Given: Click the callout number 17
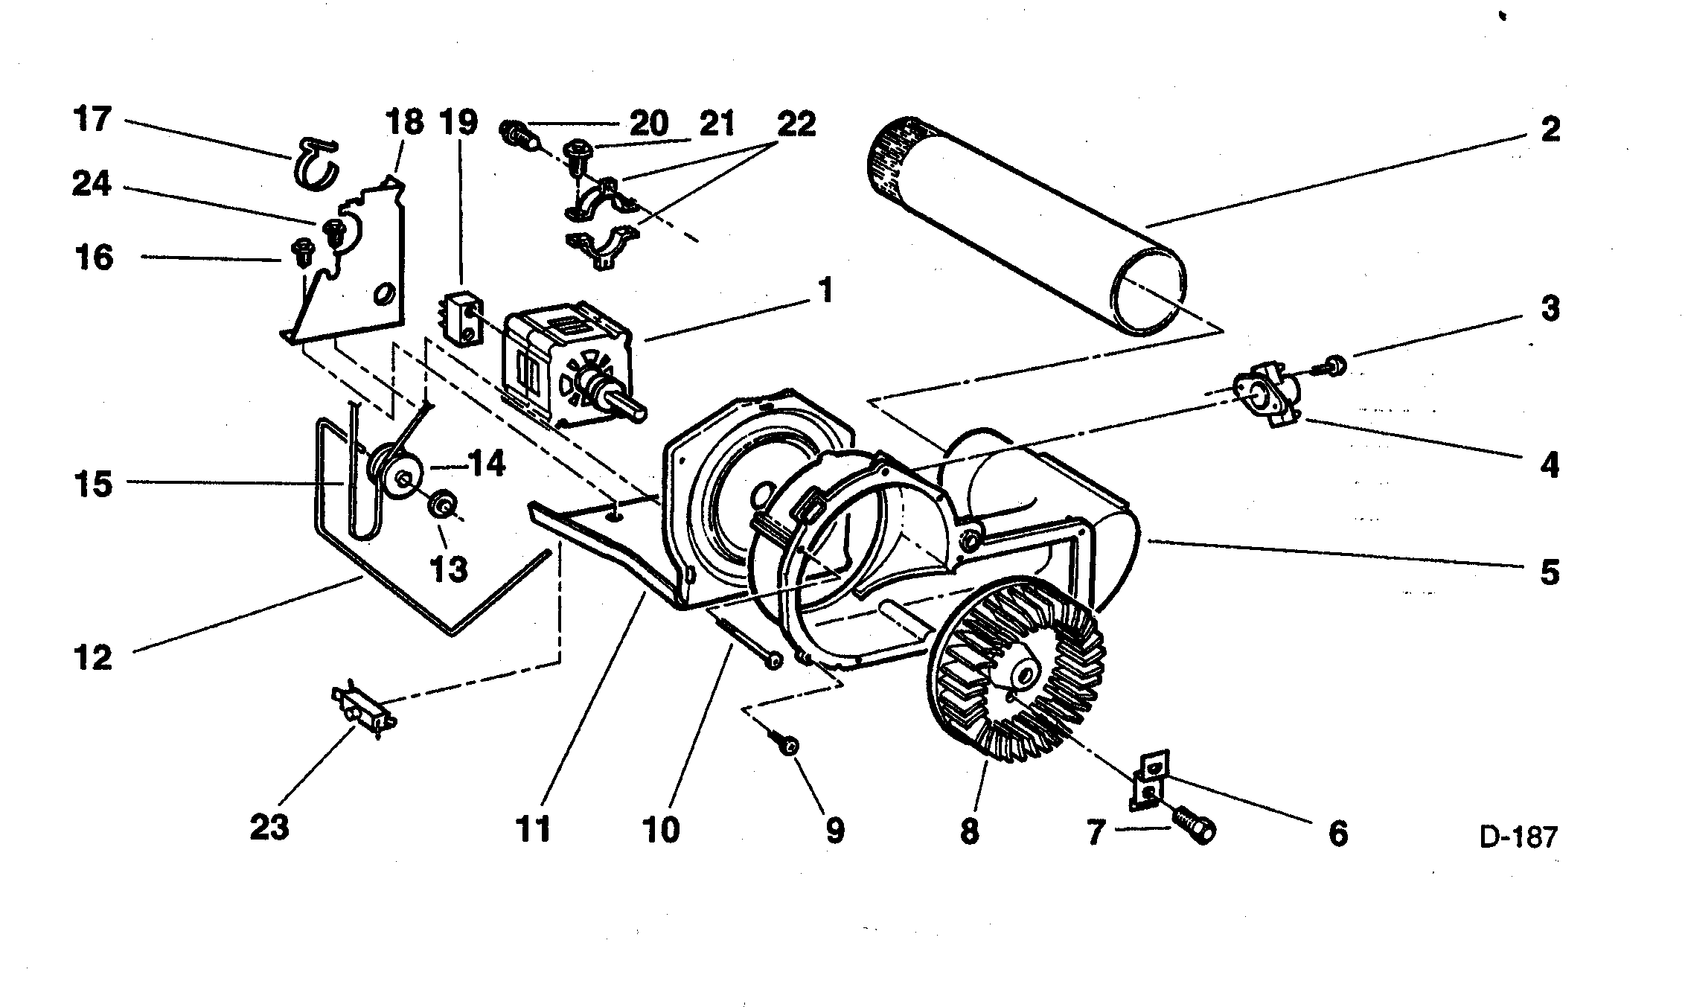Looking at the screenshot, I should click(92, 119).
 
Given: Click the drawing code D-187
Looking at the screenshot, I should click(1518, 837).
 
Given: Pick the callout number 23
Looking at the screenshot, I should click(269, 827).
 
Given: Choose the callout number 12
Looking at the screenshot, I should click(92, 657).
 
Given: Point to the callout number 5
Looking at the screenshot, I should click(1550, 573).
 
